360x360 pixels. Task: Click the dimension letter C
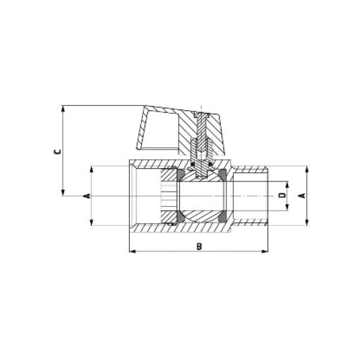57,150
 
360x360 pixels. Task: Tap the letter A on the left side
86,196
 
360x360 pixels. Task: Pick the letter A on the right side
301,196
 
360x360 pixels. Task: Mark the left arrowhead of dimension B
132,251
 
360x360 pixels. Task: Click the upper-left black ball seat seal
181,174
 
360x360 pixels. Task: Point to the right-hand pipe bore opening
254,196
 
